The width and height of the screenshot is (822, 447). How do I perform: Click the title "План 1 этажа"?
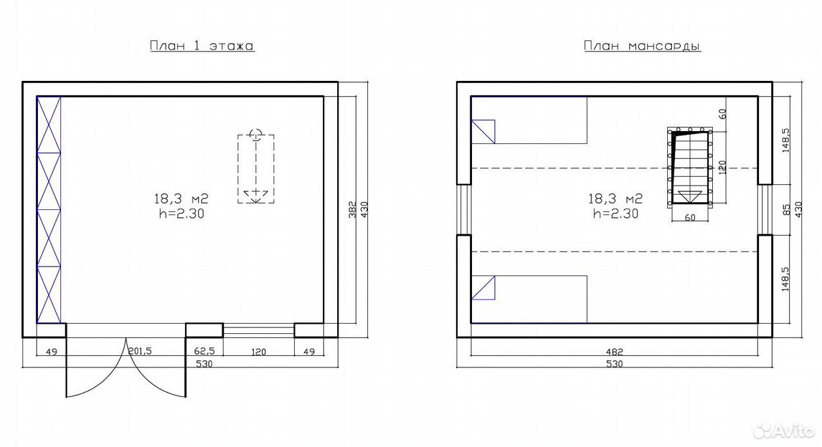(202, 46)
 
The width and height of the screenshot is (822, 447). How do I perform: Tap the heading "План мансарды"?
(642, 46)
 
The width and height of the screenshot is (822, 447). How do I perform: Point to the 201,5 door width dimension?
(140, 351)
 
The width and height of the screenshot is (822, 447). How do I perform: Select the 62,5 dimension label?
(204, 351)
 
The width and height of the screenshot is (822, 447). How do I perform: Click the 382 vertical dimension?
(353, 209)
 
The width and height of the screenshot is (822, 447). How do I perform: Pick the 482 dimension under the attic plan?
(615, 351)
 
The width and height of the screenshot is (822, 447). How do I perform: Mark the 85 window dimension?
(786, 209)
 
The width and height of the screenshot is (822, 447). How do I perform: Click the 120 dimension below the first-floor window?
(258, 352)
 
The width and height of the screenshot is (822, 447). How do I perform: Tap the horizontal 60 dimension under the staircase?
(690, 217)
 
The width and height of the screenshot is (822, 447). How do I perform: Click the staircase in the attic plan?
(690, 168)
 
